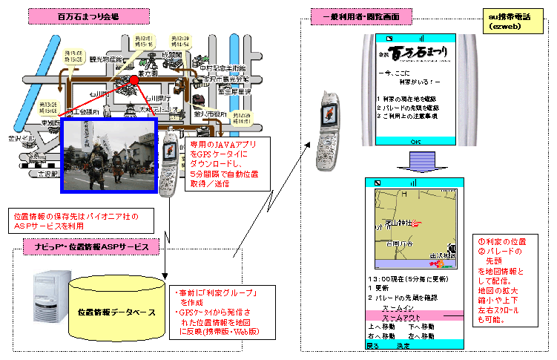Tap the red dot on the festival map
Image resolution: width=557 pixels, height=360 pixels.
pos(134,80)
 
